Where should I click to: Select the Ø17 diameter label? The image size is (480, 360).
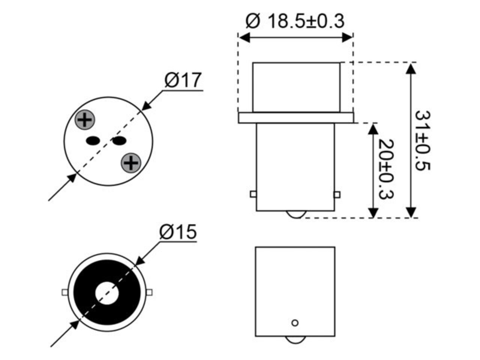pyautogui.click(x=183, y=80)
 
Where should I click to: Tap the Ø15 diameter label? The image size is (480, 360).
pyautogui.click(x=178, y=232)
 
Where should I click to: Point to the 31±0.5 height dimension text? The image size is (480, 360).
pyautogui.click(x=422, y=140)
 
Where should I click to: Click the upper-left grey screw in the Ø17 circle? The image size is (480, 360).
pyautogui.click(x=85, y=120)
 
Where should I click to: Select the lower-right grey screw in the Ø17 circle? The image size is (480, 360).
pyautogui.click(x=130, y=163)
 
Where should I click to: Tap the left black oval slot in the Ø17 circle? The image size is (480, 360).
pyautogui.click(x=93, y=141)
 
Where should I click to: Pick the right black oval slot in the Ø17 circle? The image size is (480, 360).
pyautogui.click(x=119, y=141)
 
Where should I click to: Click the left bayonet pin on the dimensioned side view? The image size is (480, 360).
pyautogui.click(x=253, y=195)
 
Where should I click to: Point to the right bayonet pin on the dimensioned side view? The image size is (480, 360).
pyautogui.click(x=337, y=195)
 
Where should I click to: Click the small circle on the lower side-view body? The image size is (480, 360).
pyautogui.click(x=295, y=322)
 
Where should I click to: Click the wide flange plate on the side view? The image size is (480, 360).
pyautogui.click(x=296, y=118)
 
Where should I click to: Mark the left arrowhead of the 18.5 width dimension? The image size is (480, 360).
pyautogui.click(x=244, y=37)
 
